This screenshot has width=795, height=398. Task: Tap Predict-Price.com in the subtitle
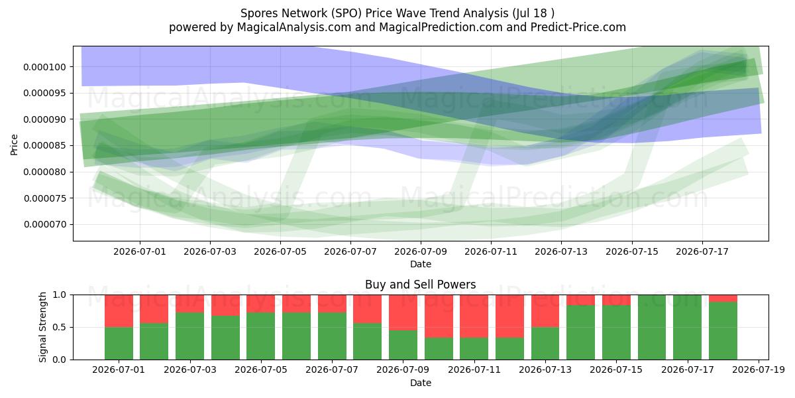click(x=578, y=27)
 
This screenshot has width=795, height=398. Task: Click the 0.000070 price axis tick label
click(x=45, y=225)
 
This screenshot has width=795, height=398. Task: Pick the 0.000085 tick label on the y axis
click(x=45, y=146)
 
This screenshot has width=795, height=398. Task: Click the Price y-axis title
click(x=14, y=145)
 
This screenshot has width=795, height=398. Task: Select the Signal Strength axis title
click(x=42, y=327)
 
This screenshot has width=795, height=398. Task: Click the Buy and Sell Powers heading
click(x=421, y=285)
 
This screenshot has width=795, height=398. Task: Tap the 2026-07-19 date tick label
click(x=759, y=370)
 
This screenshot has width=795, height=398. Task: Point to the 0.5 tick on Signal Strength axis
click(x=59, y=327)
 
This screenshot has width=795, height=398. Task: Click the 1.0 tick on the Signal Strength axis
click(x=59, y=295)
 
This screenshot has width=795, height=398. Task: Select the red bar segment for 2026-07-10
click(x=439, y=316)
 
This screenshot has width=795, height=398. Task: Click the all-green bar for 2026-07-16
click(x=652, y=327)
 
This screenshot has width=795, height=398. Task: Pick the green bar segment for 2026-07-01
click(x=119, y=344)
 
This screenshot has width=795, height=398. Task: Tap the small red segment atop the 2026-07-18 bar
click(x=723, y=298)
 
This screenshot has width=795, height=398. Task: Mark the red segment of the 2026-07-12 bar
click(x=509, y=316)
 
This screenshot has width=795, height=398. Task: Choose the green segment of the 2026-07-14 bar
click(x=580, y=332)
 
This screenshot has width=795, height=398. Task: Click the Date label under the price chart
click(x=421, y=265)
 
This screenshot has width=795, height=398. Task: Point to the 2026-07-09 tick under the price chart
click(x=421, y=252)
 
